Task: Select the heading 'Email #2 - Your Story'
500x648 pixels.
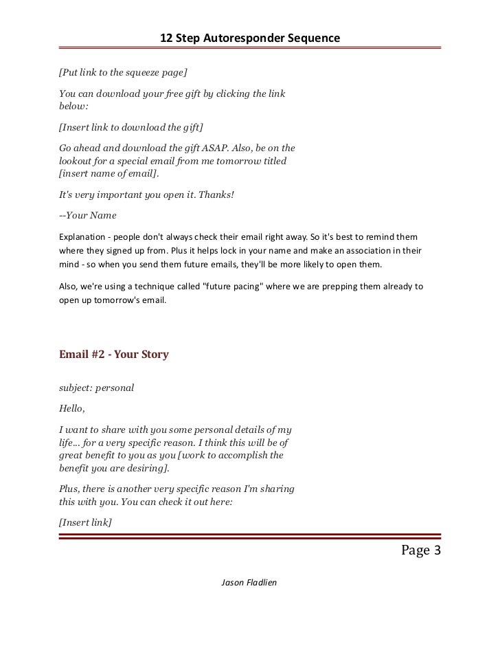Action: tap(114, 355)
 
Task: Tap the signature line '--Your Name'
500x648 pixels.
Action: tap(88, 215)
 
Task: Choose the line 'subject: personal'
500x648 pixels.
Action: tap(96, 388)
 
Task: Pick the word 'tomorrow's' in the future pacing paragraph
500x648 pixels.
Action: tap(119, 301)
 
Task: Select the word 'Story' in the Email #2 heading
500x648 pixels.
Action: tap(154, 355)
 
